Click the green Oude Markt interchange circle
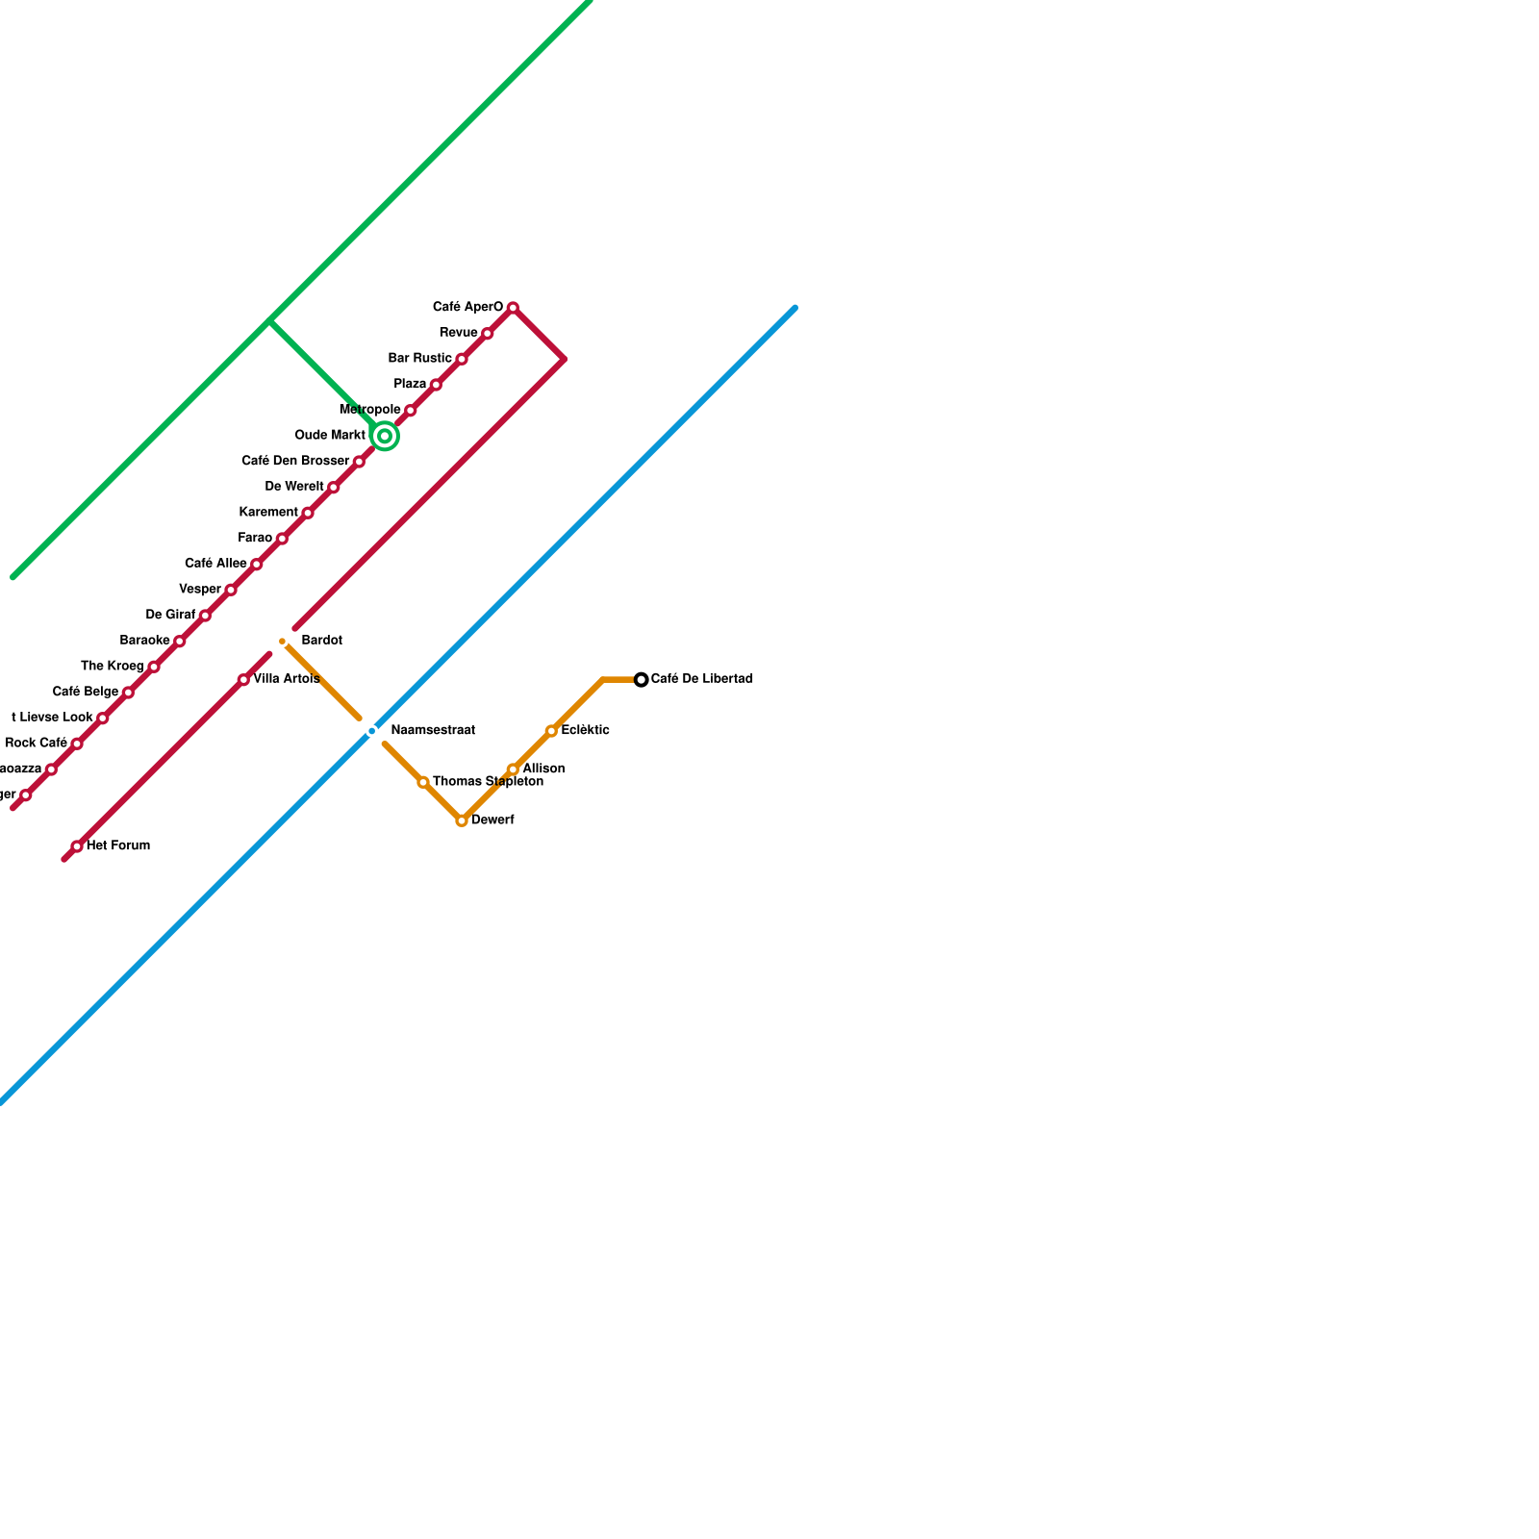click(385, 437)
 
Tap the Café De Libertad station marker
click(642, 680)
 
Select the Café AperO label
click(467, 308)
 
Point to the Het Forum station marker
click(77, 846)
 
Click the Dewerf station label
click(492, 820)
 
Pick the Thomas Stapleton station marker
click(423, 783)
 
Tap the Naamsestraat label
click(433, 731)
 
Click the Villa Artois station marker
click(243, 680)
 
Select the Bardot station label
click(321, 641)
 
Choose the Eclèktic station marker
click(551, 731)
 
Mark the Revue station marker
click(488, 334)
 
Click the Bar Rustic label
click(420, 359)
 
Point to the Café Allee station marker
click(256, 565)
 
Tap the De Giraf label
click(170, 615)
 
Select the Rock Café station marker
click(77, 744)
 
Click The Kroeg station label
click(113, 666)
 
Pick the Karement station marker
click(308, 513)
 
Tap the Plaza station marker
click(436, 385)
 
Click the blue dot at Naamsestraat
click(372, 732)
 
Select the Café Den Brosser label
click(295, 462)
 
